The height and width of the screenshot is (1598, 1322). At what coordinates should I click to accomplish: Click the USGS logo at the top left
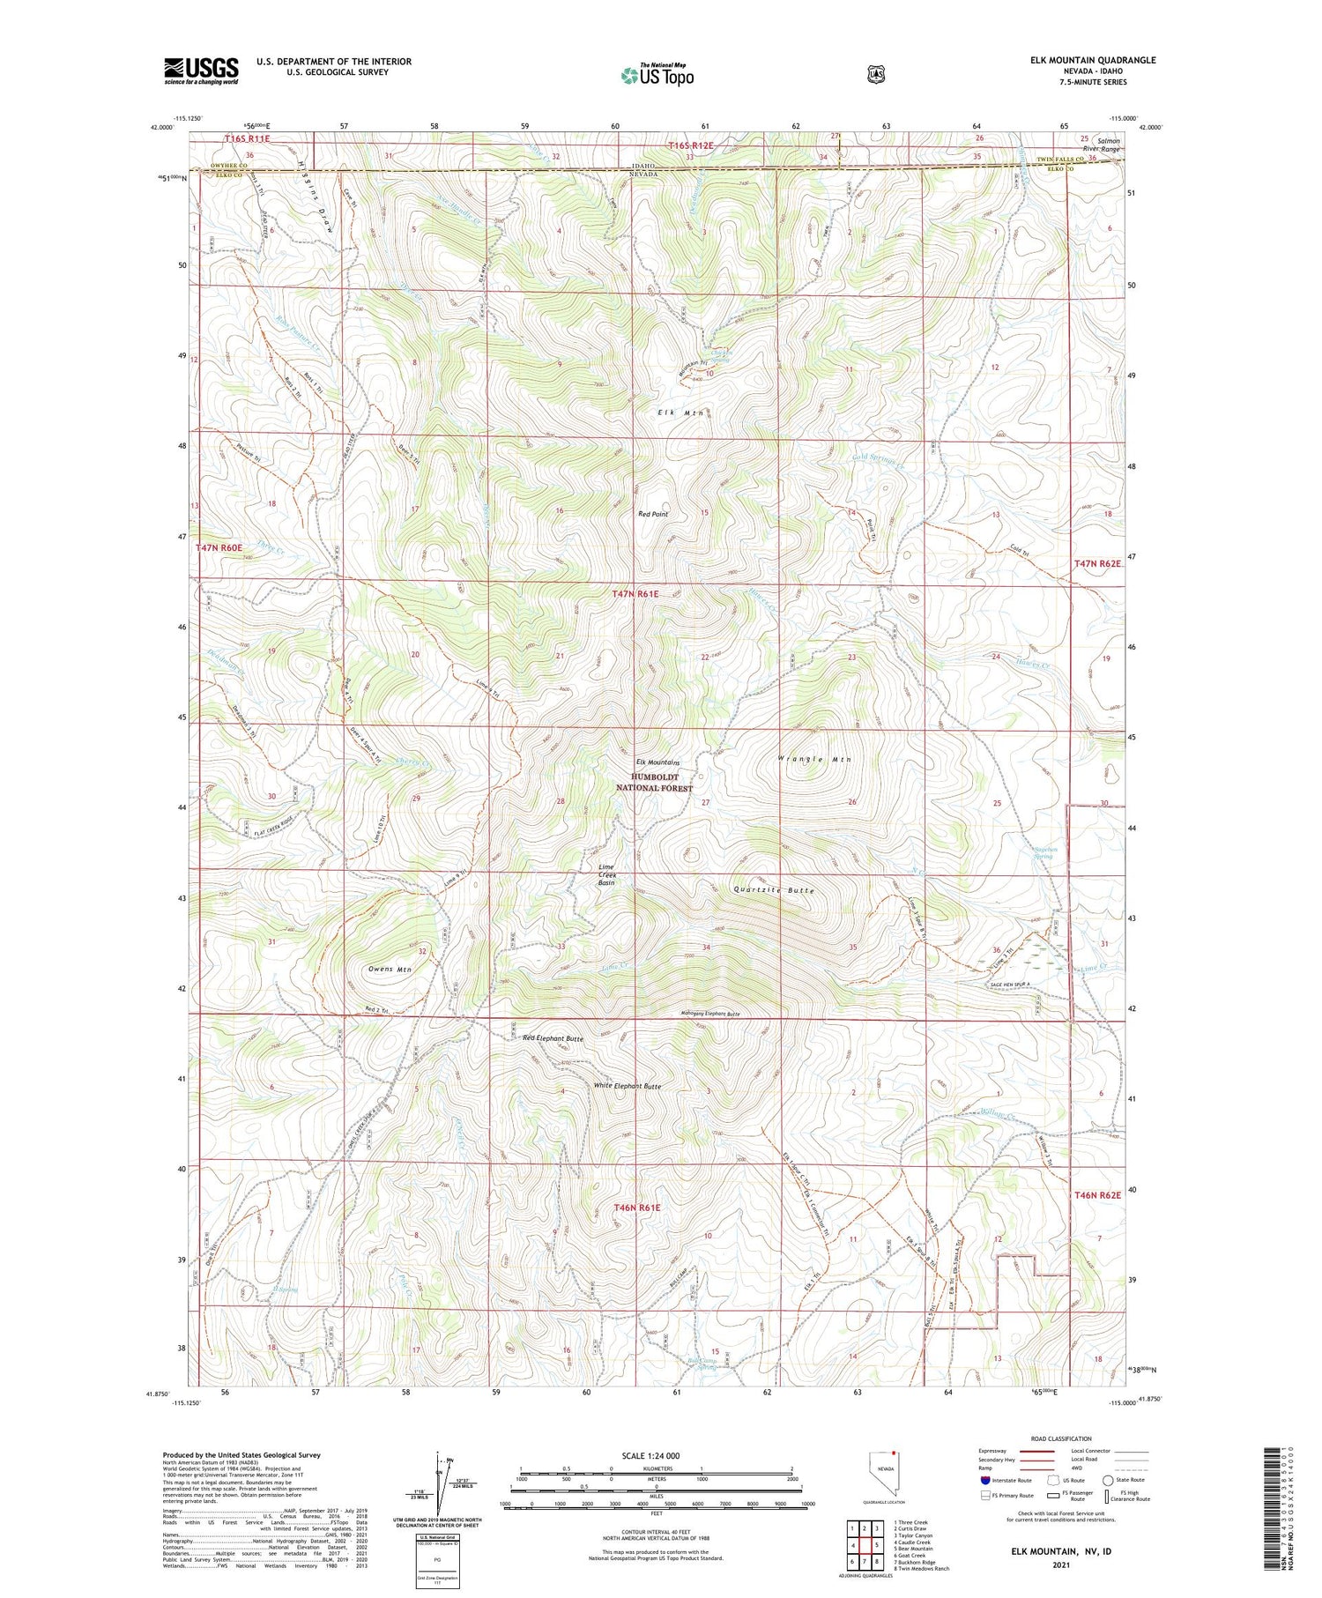pyautogui.click(x=201, y=71)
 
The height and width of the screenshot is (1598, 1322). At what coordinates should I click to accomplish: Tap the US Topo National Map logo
pyautogui.click(x=657, y=75)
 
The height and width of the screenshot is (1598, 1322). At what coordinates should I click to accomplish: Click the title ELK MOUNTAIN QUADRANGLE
pyautogui.click(x=1083, y=60)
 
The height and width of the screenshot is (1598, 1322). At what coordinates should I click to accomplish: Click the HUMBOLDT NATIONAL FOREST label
pyautogui.click(x=654, y=782)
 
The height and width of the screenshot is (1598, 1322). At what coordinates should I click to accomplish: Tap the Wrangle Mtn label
pyautogui.click(x=815, y=759)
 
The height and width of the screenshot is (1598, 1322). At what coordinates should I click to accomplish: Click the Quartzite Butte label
pyautogui.click(x=774, y=890)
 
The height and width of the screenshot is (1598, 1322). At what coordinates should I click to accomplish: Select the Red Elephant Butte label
pyautogui.click(x=553, y=1038)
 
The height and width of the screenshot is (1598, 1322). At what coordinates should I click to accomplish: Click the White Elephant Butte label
pyautogui.click(x=627, y=1086)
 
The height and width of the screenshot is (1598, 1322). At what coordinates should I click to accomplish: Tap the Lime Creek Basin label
pyautogui.click(x=606, y=874)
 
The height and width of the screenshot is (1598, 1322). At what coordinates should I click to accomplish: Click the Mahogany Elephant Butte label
pyautogui.click(x=698, y=1015)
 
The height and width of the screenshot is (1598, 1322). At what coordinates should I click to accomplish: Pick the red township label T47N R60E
pyautogui.click(x=219, y=547)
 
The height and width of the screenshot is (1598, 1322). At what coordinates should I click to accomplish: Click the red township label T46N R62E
pyautogui.click(x=1098, y=1195)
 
